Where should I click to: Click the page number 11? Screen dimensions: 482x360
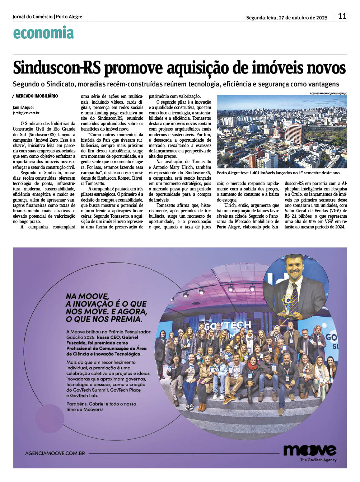coord(342,16)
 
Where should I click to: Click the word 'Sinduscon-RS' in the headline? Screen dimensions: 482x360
coord(57,68)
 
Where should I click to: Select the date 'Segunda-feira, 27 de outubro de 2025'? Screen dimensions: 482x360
coord(286,18)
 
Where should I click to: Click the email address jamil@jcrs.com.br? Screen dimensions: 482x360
coord(26,113)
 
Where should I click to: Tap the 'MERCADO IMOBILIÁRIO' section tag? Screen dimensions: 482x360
coord(36,96)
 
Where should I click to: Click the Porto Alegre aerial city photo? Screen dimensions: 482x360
coord(282,132)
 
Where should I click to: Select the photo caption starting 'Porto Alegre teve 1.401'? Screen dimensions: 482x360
coord(278,173)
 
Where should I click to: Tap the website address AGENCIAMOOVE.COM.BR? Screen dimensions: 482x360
coord(55,453)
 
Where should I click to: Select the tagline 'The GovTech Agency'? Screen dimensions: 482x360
coord(318,460)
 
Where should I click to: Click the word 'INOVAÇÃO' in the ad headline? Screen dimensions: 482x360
coord(95,304)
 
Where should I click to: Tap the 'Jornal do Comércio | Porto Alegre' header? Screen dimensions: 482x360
coord(47,16)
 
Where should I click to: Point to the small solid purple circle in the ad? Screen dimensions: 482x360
coord(50,418)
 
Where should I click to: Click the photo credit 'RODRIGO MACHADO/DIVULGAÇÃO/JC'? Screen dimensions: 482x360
coord(328,93)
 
